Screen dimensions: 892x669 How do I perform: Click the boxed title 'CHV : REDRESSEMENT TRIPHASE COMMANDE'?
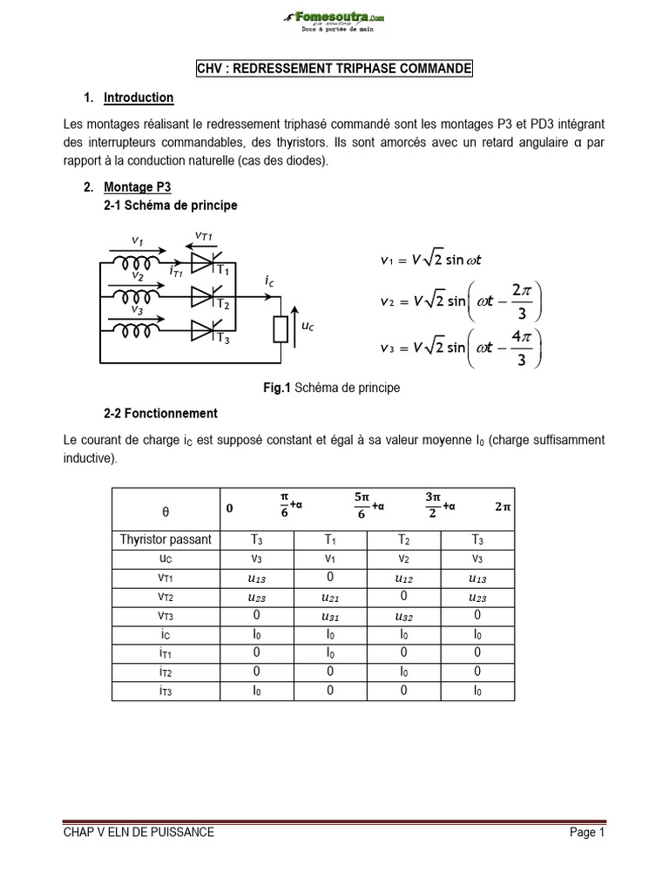[334, 69]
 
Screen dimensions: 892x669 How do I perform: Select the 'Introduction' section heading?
[139, 98]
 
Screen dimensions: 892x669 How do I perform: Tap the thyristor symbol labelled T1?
[203, 262]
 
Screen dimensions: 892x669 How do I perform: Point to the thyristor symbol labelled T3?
[203, 328]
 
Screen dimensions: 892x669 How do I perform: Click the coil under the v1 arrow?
[139, 262]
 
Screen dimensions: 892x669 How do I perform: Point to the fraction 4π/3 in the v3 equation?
[519, 348]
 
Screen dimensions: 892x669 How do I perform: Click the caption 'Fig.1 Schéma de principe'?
[334, 388]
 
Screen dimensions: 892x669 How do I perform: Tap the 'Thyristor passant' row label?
[166, 539]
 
